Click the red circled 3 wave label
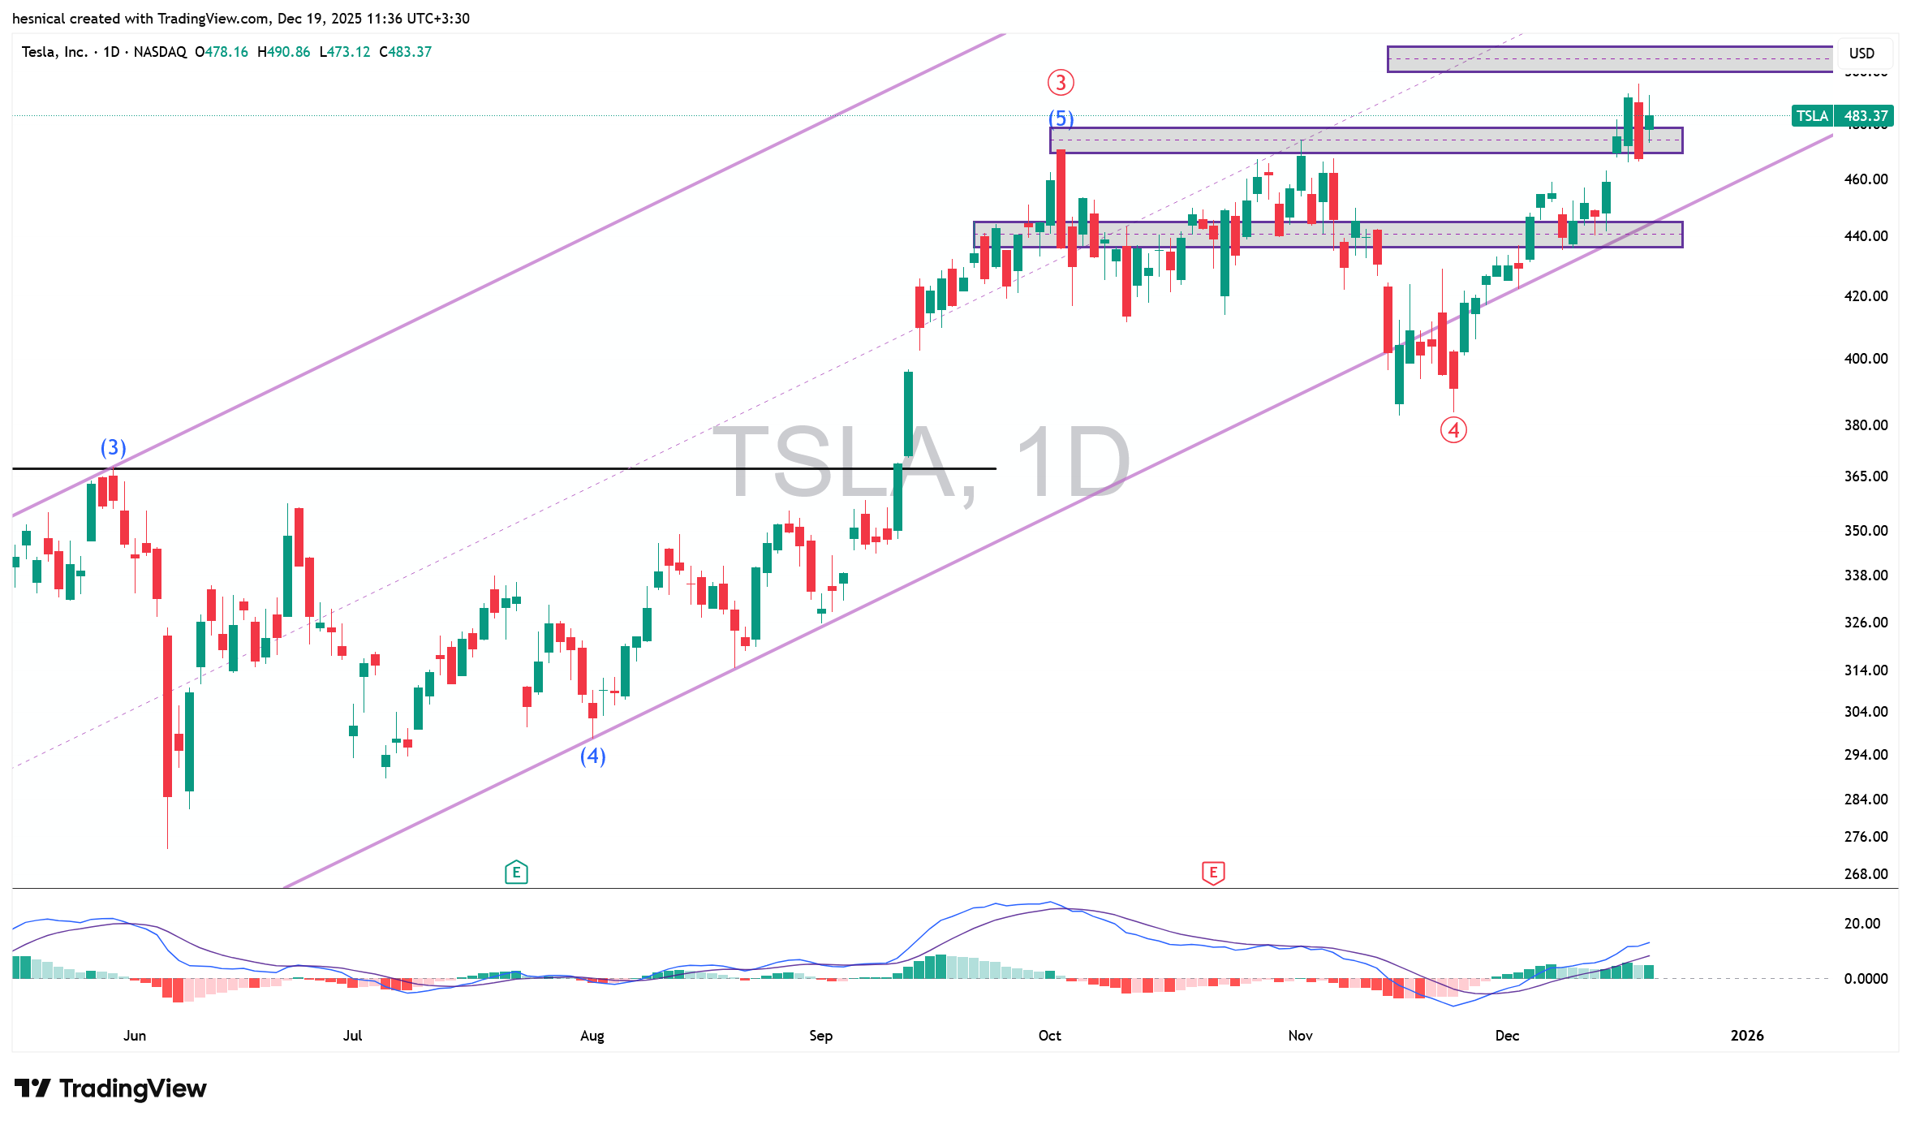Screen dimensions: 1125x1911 click(x=1061, y=83)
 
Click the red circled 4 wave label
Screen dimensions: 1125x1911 click(x=1453, y=429)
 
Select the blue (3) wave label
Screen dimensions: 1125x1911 click(x=113, y=447)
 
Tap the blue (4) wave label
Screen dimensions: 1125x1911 click(x=592, y=756)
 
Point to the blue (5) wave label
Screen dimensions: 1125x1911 click(x=1061, y=119)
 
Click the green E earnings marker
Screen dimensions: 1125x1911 click(x=516, y=873)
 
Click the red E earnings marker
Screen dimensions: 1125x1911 click(x=1213, y=873)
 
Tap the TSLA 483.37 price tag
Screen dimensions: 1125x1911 click(x=1842, y=116)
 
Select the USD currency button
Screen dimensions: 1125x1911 click(x=1862, y=54)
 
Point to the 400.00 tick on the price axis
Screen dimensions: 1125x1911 click(x=1866, y=358)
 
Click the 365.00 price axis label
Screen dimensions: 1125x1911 click(x=1866, y=476)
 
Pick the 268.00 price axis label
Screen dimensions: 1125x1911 click(x=1866, y=873)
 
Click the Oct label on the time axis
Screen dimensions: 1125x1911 click(x=1049, y=1035)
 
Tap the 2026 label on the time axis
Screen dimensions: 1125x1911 click(x=1746, y=1035)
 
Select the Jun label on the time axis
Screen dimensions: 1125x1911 click(x=135, y=1035)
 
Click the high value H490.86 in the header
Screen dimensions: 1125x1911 click(x=283, y=52)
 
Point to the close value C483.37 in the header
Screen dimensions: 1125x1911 click(x=405, y=52)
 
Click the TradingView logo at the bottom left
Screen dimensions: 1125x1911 click(x=110, y=1088)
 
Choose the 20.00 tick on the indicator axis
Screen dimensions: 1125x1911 click(x=1862, y=923)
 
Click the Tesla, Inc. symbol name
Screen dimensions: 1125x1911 click(x=54, y=52)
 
